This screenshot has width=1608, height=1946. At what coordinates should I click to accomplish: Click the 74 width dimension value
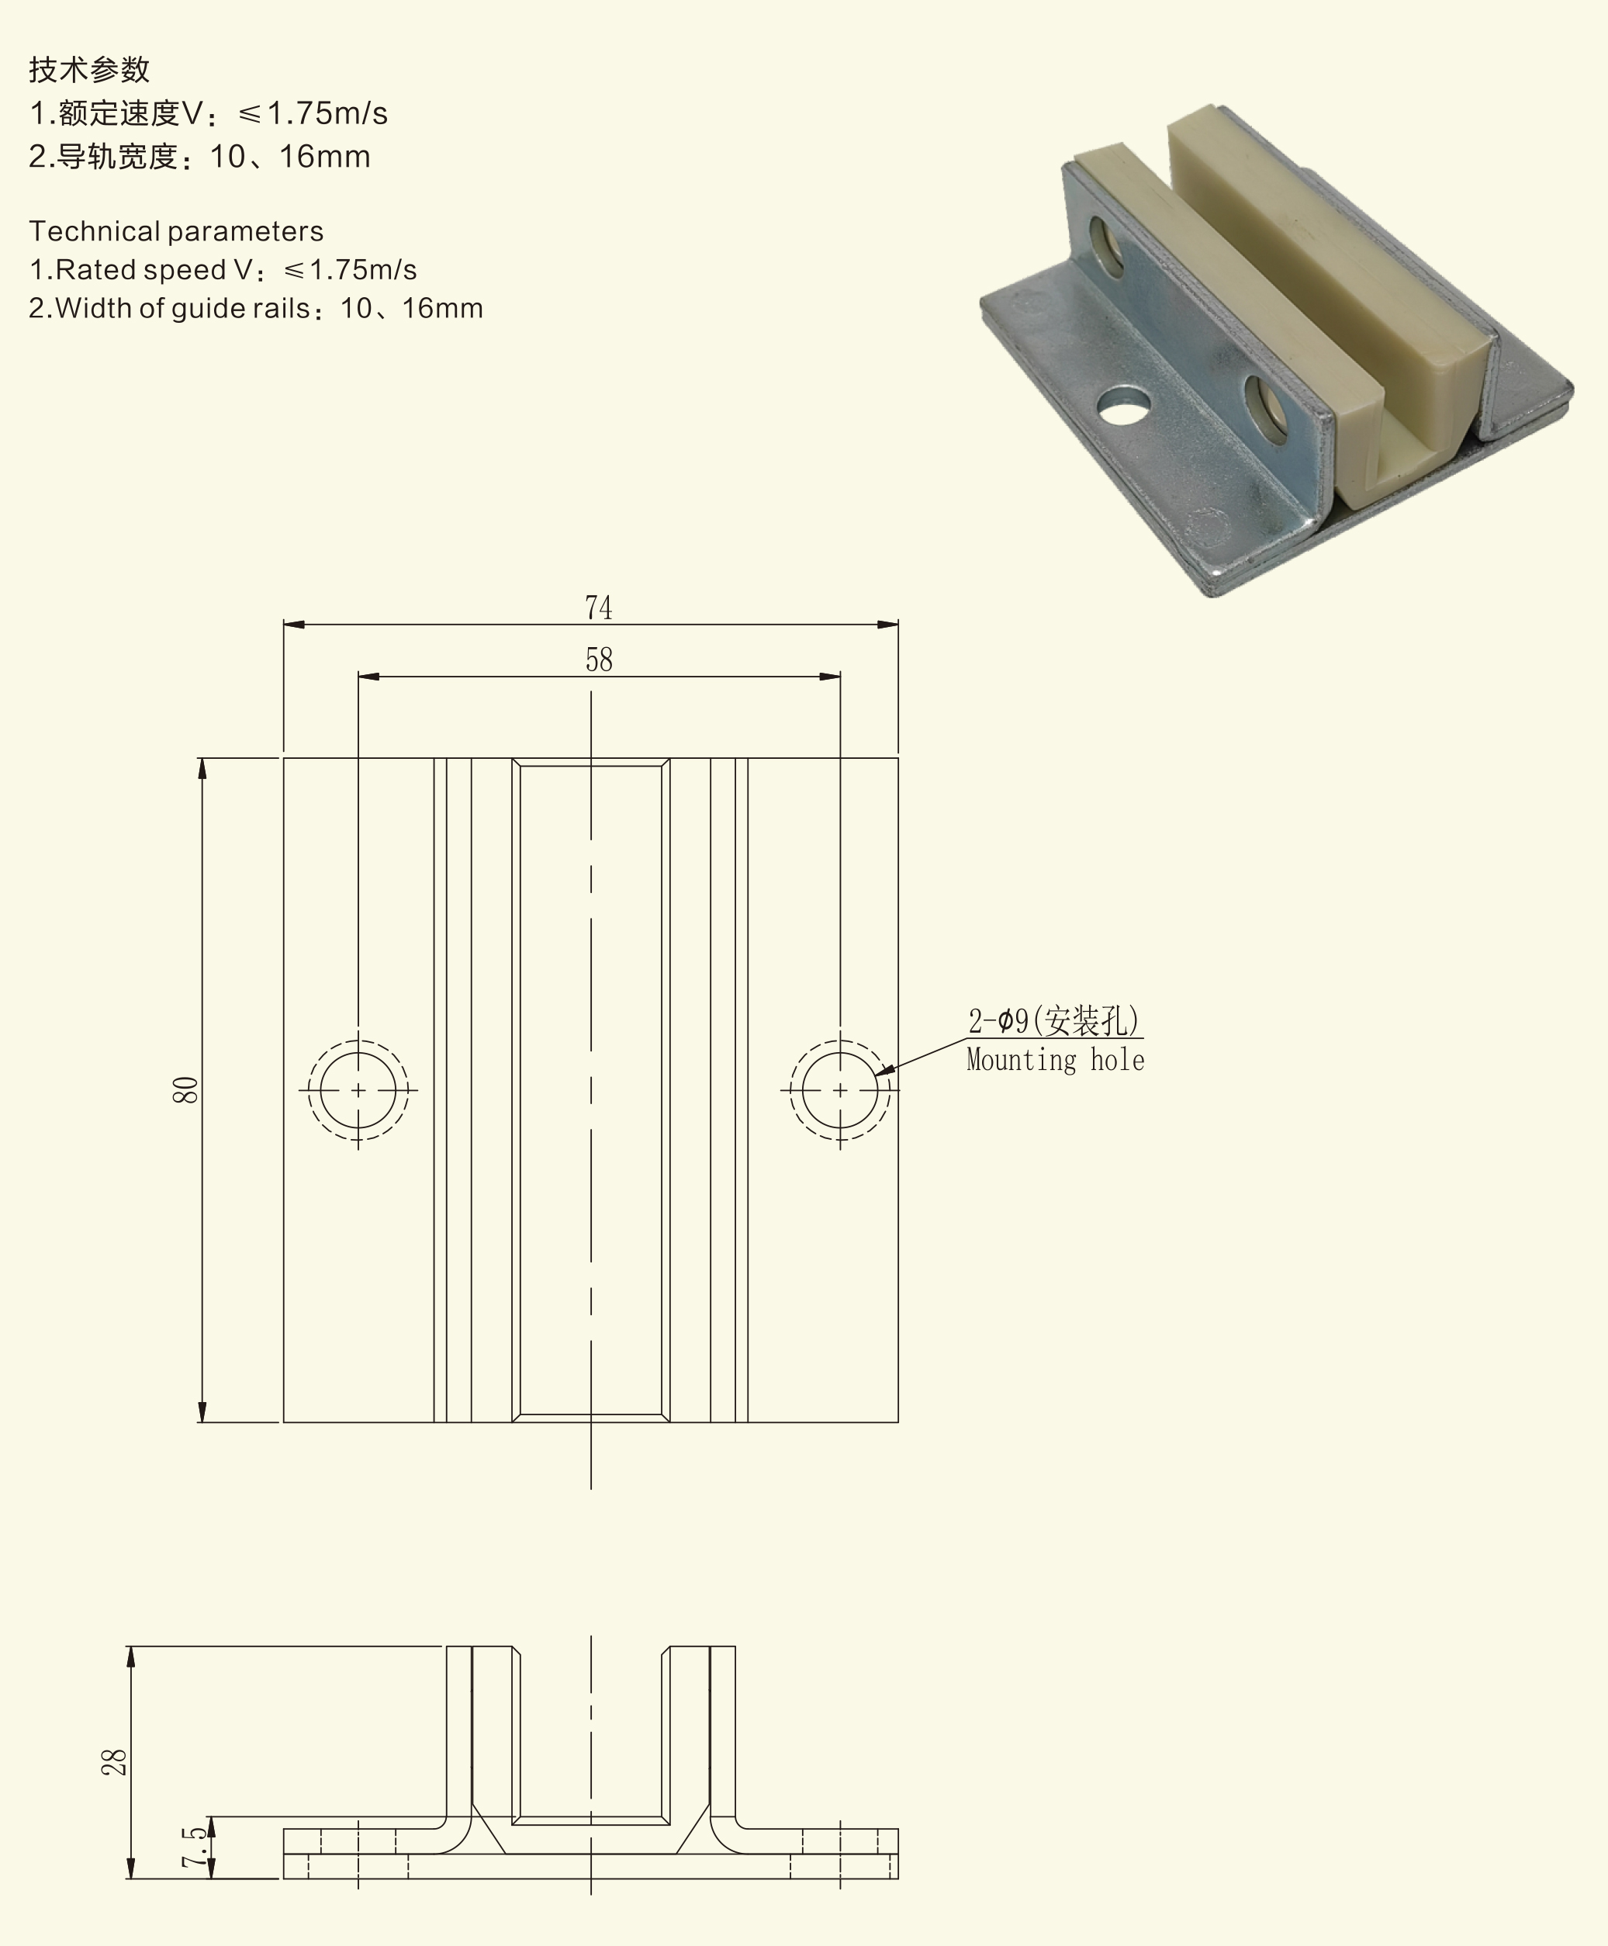pyautogui.click(x=598, y=608)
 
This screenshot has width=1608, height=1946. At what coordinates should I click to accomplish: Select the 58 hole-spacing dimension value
pyautogui.click(x=598, y=660)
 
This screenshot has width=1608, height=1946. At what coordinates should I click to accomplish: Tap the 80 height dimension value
pyautogui.click(x=185, y=1089)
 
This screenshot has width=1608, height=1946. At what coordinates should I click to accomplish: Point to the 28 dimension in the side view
pyautogui.click(x=113, y=1763)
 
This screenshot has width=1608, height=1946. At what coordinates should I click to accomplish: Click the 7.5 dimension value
pyautogui.click(x=194, y=1847)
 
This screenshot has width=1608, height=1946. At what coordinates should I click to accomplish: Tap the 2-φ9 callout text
pyautogui.click(x=1054, y=1020)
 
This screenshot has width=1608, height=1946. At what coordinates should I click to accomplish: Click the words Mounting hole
pyautogui.click(x=1055, y=1060)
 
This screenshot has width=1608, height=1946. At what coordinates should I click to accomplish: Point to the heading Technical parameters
pyautogui.click(x=176, y=230)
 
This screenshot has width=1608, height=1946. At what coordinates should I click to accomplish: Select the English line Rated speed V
pyautogui.click(x=223, y=270)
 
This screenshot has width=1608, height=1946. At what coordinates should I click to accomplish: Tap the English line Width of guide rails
pyautogui.click(x=256, y=309)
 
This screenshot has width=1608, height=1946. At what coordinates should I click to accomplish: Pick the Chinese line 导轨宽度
pyautogui.click(x=199, y=157)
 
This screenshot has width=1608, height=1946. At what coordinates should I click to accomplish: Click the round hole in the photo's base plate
pyautogui.click(x=1122, y=406)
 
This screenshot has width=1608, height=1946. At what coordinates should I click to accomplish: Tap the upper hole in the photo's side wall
pyautogui.click(x=1105, y=245)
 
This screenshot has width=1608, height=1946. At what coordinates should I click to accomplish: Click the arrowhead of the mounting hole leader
pyautogui.click(x=884, y=1070)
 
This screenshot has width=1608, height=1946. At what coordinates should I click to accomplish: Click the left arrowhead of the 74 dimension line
pyautogui.click(x=294, y=625)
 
